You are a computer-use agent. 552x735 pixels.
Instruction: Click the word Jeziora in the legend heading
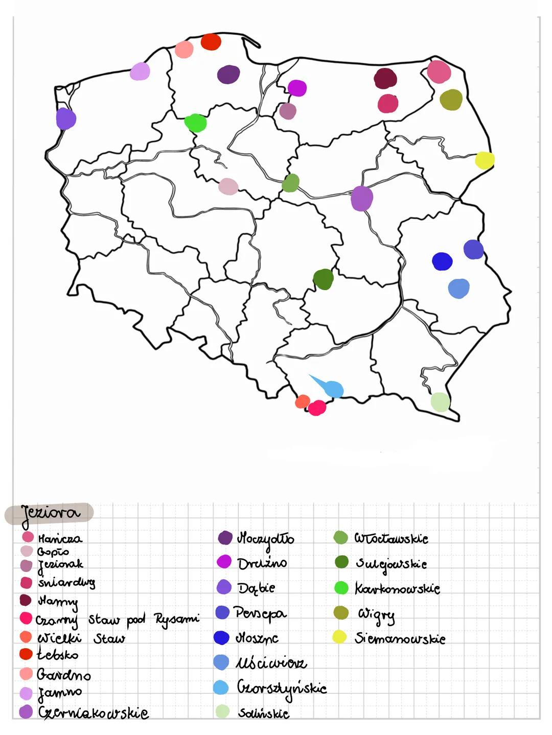point(50,513)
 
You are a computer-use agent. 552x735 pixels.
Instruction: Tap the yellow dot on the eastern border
point(485,160)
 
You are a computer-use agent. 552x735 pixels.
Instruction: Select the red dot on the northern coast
point(211,42)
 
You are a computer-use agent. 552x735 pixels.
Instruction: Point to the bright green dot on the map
point(195,123)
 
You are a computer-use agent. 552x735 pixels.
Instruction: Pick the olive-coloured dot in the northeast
point(451,100)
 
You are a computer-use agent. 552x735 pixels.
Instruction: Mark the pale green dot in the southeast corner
point(440,402)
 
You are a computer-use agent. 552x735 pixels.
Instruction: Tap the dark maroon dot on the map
point(385,78)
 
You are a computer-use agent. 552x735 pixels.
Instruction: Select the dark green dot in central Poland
point(323,279)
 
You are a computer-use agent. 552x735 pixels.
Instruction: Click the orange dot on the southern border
point(303,401)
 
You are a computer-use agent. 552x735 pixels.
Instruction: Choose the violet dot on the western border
point(66,119)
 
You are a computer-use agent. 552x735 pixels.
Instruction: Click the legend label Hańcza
point(60,538)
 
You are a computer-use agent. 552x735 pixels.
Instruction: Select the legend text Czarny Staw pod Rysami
point(117,620)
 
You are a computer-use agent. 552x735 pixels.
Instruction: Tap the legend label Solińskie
point(263,713)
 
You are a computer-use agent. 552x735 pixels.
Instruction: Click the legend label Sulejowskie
point(391,564)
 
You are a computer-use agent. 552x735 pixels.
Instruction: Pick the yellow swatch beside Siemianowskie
point(339,637)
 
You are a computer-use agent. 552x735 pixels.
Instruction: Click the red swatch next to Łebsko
point(26,654)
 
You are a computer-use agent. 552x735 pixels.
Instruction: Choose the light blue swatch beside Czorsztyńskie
point(221,687)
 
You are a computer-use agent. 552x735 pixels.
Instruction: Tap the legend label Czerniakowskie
point(94,713)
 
